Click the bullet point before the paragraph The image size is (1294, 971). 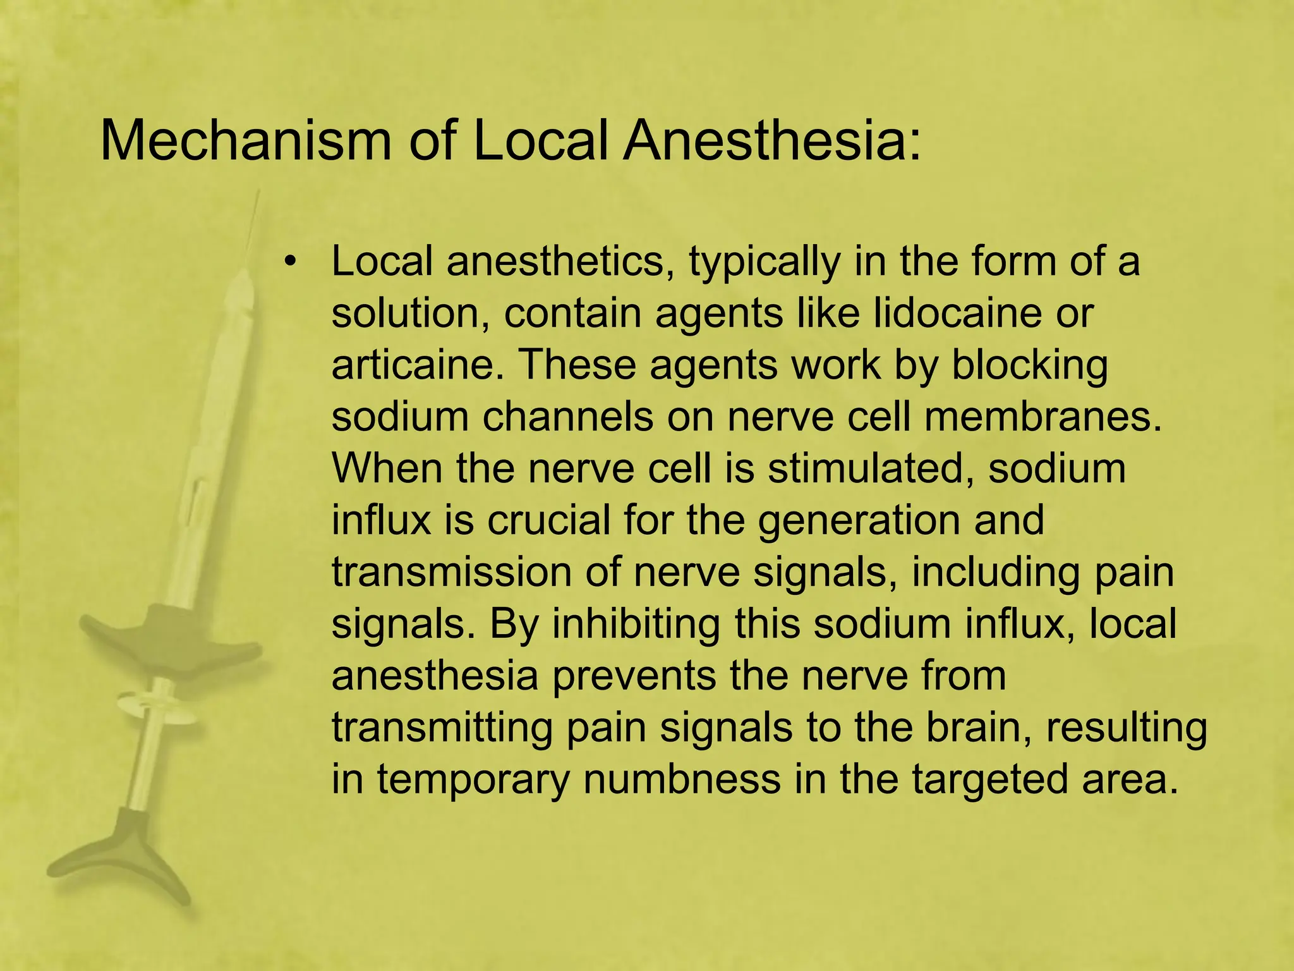pyautogui.click(x=290, y=262)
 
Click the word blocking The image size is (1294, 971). pyautogui.click(x=1030, y=367)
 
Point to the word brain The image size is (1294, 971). pyautogui.click(x=977, y=727)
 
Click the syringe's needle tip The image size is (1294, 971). pyautogui.click(x=258, y=193)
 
